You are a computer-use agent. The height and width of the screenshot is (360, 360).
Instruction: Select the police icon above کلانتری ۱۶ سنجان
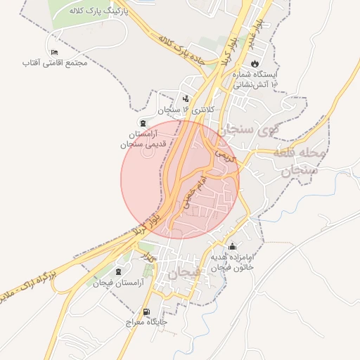pyautogui.click(x=186, y=99)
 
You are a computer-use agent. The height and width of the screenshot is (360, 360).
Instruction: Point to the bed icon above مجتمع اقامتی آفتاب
pyautogui.click(x=55, y=53)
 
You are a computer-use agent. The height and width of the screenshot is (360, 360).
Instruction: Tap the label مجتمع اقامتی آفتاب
pyautogui.click(x=55, y=64)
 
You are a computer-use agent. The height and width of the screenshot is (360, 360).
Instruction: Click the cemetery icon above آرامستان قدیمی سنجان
pyautogui.click(x=143, y=122)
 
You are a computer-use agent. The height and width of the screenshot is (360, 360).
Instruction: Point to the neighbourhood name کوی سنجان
pyautogui.click(x=247, y=130)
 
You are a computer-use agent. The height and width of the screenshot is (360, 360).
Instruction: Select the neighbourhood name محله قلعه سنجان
pyautogui.click(x=303, y=161)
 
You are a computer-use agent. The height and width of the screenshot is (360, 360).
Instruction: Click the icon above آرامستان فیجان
pyautogui.click(x=117, y=271)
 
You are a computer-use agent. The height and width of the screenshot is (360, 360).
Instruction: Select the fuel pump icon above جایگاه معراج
pyautogui.click(x=146, y=312)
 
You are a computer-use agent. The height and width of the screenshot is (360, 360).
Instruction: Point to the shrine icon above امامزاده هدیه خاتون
pyautogui.click(x=233, y=246)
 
